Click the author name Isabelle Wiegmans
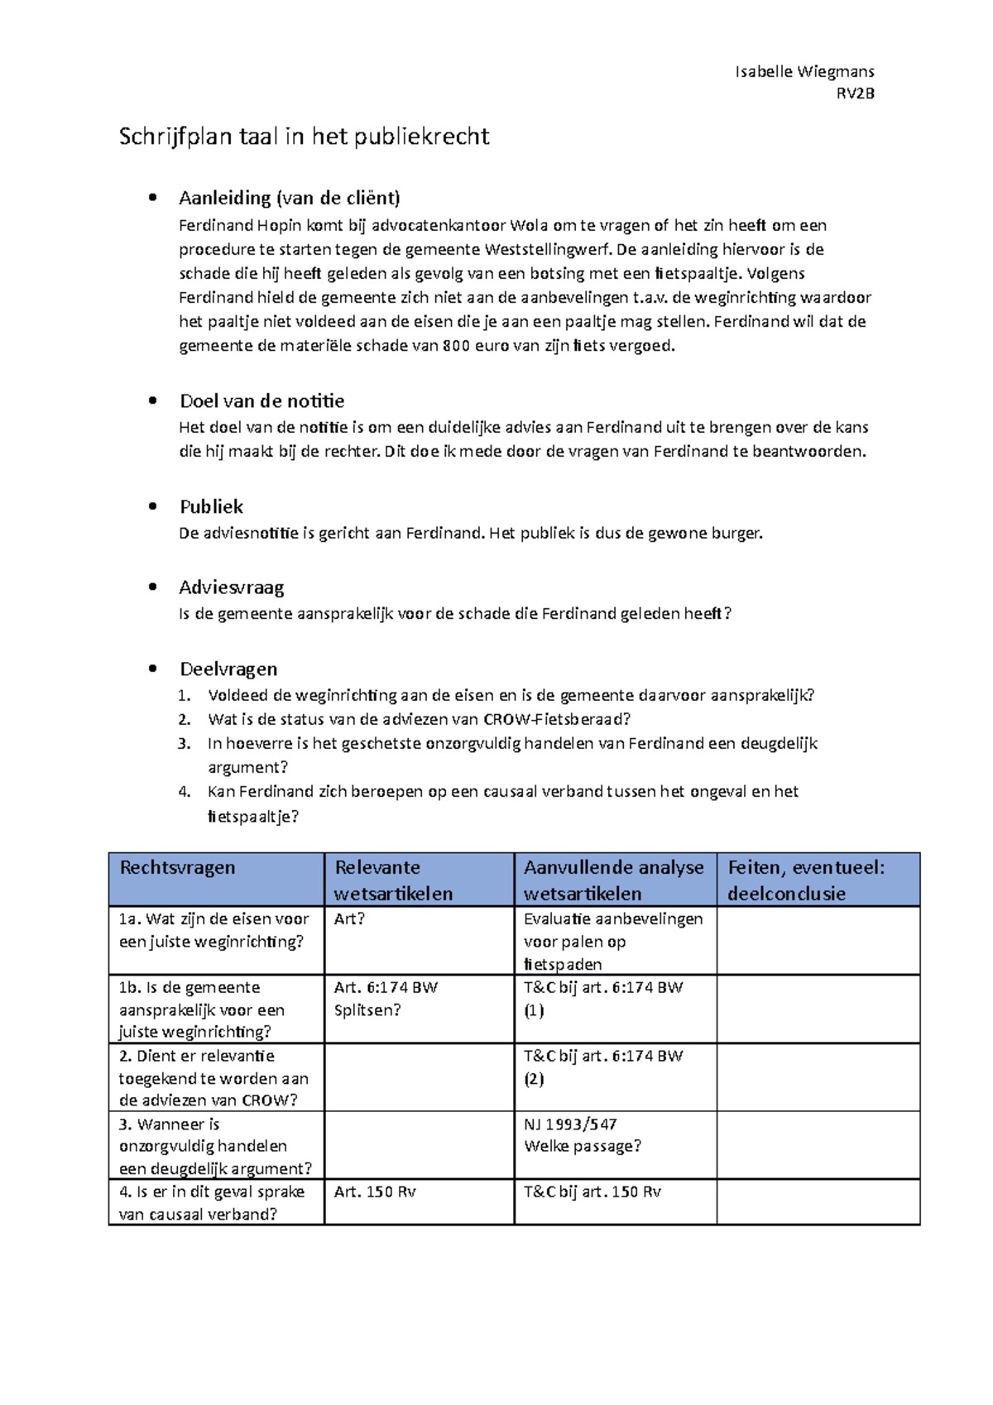(804, 72)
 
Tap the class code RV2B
(855, 94)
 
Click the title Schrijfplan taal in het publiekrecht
(304, 137)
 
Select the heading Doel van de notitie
(261, 401)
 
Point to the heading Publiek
(211, 506)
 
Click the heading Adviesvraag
(231, 587)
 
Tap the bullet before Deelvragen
(152, 669)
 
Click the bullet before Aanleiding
(152, 198)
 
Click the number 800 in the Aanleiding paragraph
(456, 346)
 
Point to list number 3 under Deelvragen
(184, 743)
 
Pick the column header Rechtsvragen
(177, 867)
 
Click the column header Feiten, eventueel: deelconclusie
(806, 880)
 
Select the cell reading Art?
(349, 919)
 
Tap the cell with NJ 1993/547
(570, 1124)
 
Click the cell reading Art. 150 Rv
(374, 1192)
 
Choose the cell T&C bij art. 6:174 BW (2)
(602, 1067)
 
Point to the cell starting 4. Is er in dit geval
(211, 1202)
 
